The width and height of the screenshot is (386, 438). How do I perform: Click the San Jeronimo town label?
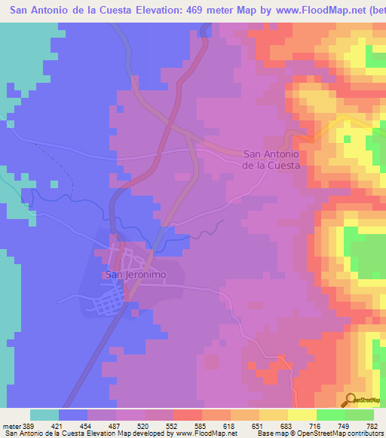click(135, 275)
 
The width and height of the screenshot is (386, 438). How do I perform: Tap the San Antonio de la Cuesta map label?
click(271, 159)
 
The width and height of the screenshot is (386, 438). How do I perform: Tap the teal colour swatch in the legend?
click(44, 415)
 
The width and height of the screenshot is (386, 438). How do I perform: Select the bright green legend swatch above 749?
click(331, 415)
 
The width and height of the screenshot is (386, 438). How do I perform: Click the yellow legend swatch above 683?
click(274, 415)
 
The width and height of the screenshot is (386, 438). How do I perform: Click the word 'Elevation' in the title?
click(155, 8)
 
